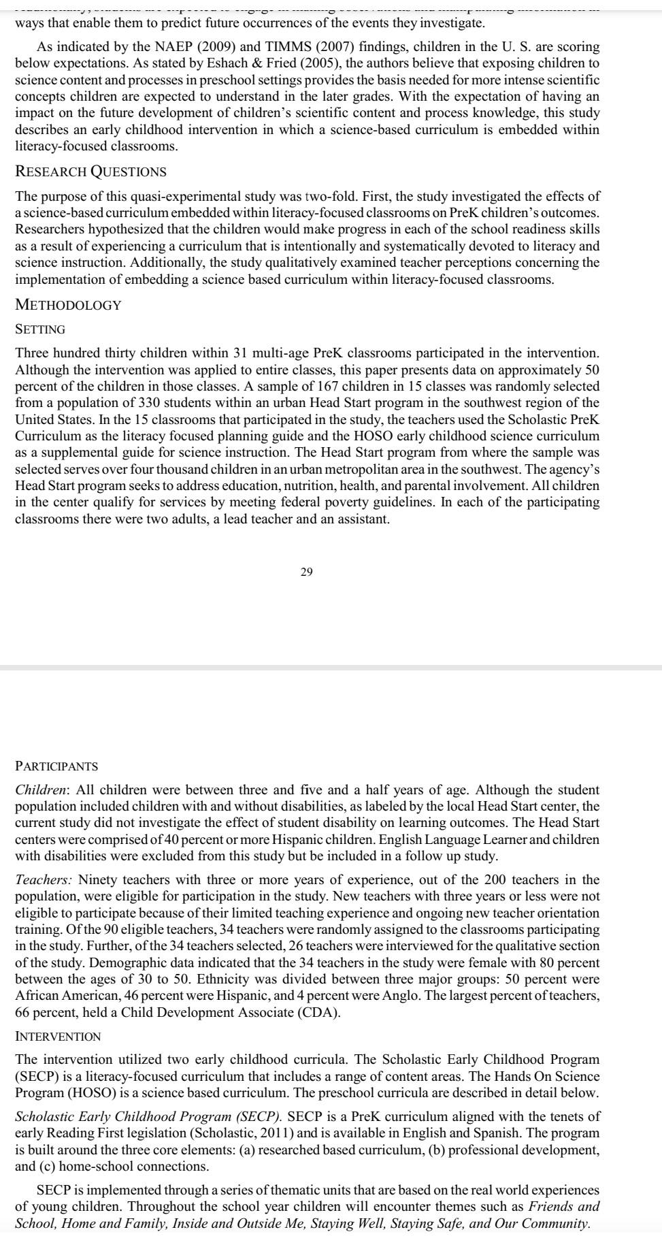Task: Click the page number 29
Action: coord(306,572)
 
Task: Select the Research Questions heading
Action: coord(90,172)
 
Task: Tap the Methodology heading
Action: coord(68,305)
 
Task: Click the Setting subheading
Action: coord(40,329)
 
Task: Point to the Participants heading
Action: coord(56,766)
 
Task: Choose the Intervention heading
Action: coord(58,1037)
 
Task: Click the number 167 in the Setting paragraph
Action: coord(329,387)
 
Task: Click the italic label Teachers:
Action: coord(44,880)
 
